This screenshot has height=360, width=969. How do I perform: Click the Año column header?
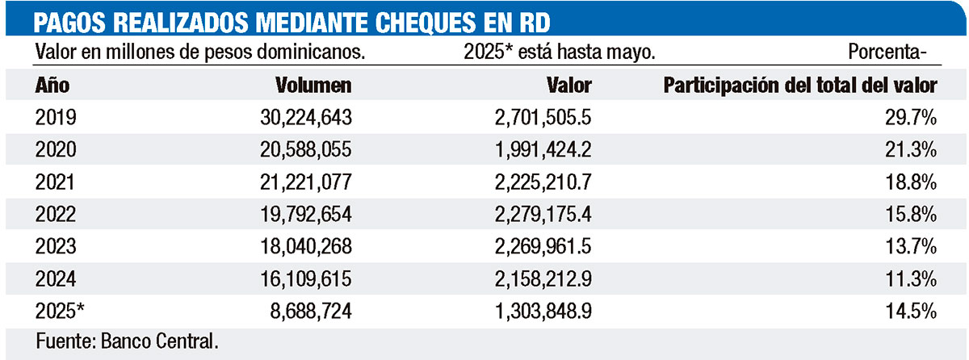click(52, 85)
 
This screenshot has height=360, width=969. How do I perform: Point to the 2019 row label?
click(56, 118)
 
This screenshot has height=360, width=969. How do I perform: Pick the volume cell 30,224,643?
click(292, 118)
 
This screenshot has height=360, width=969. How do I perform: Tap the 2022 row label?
click(56, 214)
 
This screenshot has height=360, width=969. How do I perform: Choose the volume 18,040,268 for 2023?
click(292, 246)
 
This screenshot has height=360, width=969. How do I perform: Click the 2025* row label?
click(61, 310)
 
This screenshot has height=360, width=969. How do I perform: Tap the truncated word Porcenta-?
click(887, 53)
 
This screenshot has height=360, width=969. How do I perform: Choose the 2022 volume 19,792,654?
click(292, 214)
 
